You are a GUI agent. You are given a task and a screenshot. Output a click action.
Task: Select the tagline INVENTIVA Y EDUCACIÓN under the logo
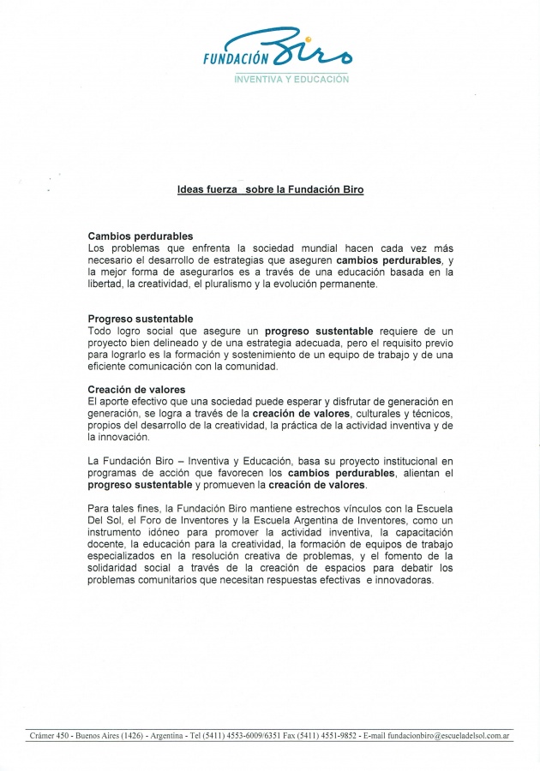click(291, 79)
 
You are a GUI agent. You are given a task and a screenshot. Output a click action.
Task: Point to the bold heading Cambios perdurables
click(140, 236)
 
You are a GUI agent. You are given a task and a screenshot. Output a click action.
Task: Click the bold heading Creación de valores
click(136, 390)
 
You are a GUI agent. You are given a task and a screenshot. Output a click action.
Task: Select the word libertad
click(106, 284)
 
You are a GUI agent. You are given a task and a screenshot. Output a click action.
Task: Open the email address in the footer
click(449, 735)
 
